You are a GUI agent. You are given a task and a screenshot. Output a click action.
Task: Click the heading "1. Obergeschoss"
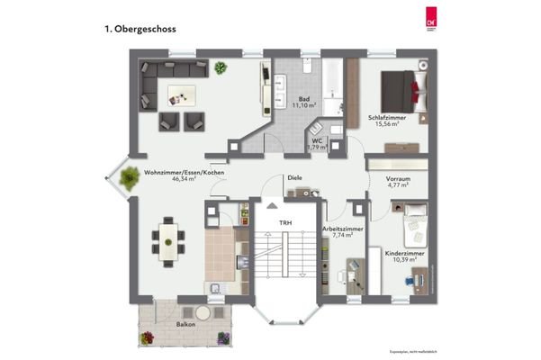point(140,29)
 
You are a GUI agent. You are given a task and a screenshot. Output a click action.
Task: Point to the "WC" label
point(317,140)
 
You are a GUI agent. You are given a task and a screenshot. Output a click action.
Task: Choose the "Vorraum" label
point(398,180)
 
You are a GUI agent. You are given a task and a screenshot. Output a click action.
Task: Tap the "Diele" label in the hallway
point(294,178)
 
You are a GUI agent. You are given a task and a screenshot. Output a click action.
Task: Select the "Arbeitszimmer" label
point(343,229)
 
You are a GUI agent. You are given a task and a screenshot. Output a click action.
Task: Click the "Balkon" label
point(187,322)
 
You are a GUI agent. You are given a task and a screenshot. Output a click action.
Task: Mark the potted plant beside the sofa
point(221,67)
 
